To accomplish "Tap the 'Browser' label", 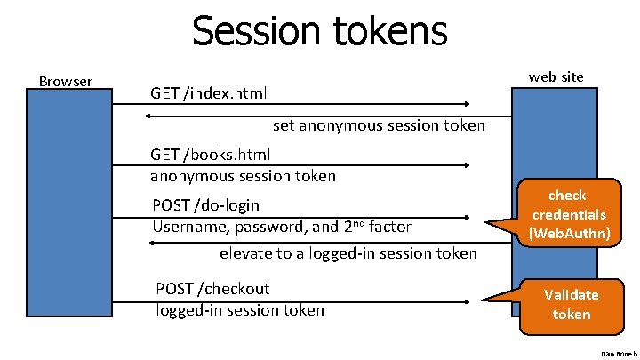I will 66,82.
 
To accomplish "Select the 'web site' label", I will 556,77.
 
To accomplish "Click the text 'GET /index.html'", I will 209,92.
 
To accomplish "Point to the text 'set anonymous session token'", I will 379,125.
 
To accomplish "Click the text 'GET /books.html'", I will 210,156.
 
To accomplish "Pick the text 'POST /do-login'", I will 206,205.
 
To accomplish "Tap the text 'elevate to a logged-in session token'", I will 348,253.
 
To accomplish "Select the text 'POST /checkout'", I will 212,288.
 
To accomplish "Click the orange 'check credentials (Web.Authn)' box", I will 567,214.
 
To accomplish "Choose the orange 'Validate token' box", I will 572,304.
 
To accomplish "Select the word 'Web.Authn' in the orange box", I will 570,234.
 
